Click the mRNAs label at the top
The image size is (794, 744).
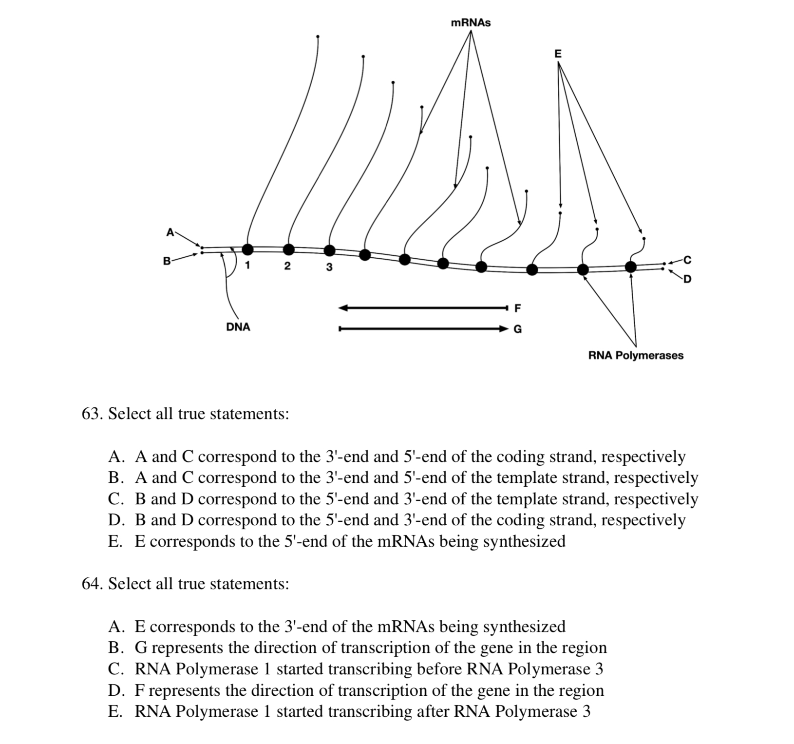click(x=471, y=23)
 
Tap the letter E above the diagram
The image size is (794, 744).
click(x=558, y=54)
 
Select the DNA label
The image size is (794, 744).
click(x=238, y=327)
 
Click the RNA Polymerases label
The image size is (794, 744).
click(x=636, y=355)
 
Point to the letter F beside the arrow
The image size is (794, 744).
click(x=517, y=308)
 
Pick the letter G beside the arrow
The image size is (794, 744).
click(x=517, y=329)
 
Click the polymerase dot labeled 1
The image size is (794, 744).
click(x=248, y=249)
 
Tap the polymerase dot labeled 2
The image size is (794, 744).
click(x=289, y=249)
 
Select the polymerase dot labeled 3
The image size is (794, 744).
click(x=330, y=250)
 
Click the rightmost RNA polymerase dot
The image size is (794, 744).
click(x=631, y=267)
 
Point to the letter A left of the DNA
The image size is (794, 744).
click(x=170, y=232)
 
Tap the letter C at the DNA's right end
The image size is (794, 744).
click(x=687, y=260)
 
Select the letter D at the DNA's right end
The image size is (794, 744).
click(x=687, y=279)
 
